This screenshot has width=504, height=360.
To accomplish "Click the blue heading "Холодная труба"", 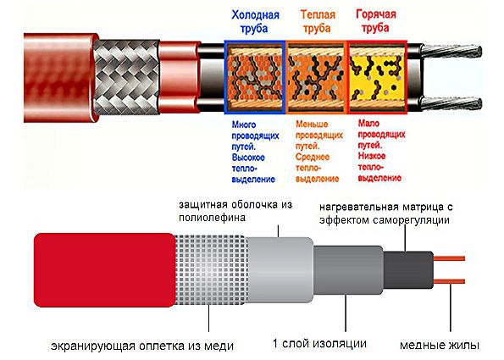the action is point(255,21).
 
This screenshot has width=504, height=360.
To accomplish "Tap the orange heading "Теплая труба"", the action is point(318,21).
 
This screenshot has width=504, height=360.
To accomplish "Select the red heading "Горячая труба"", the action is point(376,21).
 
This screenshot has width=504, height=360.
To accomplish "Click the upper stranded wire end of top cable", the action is point(451,51).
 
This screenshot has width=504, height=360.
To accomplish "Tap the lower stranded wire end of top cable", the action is point(451,103).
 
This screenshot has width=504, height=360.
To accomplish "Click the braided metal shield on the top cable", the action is point(126,77).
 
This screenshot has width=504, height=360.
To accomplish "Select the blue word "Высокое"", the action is point(248,158).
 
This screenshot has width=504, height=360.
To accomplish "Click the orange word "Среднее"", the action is point(313,157).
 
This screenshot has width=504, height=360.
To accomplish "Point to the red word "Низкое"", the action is point(372,156).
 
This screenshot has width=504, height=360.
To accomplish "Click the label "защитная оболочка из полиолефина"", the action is point(235,211).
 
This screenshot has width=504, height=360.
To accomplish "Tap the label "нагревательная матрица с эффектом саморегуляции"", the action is point(385,213).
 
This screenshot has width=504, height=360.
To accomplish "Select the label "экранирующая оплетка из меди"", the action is point(142,346).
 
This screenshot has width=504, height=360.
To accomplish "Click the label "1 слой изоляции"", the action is point(319,343).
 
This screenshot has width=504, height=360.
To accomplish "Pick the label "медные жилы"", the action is point(440,345).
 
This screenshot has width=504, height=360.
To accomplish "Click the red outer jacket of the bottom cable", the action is point(105,270).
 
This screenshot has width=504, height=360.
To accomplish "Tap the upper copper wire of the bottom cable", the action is point(449,258).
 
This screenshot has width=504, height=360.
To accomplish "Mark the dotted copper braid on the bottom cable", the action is point(211,269).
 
